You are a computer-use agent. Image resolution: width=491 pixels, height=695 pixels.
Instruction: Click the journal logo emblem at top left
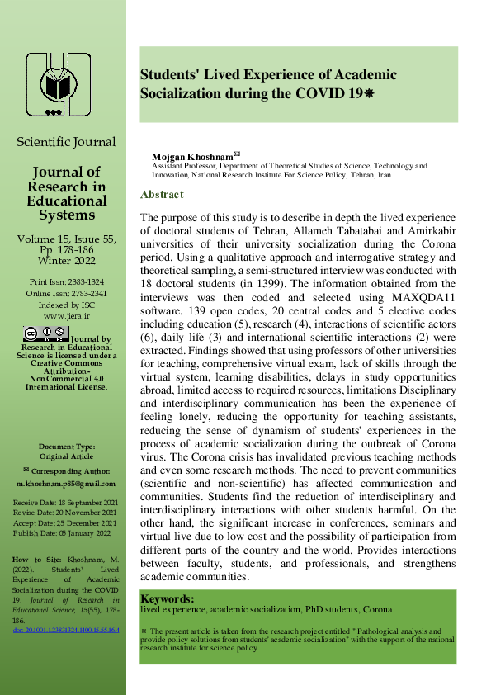(58, 84)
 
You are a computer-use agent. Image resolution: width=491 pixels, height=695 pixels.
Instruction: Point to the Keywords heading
(168, 598)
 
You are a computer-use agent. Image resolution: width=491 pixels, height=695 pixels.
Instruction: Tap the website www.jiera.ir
(68, 314)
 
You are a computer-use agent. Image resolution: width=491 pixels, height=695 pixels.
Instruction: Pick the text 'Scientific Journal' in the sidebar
(66, 142)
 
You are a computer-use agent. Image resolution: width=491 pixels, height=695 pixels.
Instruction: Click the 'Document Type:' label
(66, 446)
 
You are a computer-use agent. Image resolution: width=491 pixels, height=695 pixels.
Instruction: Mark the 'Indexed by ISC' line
(68, 303)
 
